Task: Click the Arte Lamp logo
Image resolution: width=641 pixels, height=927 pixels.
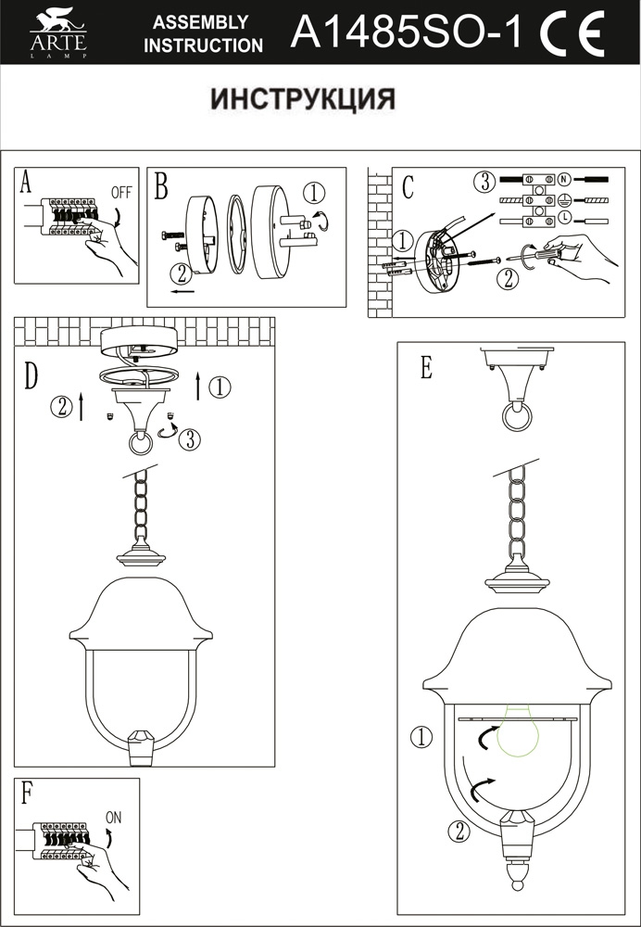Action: tap(57, 34)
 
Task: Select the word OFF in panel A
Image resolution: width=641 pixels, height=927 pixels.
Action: tap(121, 193)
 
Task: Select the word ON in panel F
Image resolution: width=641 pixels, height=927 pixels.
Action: tap(114, 818)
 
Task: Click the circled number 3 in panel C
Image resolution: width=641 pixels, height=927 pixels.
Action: tap(481, 181)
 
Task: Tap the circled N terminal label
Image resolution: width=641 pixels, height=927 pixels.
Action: tap(562, 177)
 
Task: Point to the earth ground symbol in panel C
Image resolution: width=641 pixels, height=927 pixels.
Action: tap(562, 198)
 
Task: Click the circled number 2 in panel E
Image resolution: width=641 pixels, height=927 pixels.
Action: tap(456, 831)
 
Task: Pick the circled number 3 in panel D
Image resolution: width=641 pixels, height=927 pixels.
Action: tap(188, 439)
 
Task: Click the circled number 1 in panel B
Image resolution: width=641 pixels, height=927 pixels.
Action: tap(314, 193)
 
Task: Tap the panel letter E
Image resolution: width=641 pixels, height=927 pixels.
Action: tap(425, 368)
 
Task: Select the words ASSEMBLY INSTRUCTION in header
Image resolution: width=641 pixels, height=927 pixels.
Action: tap(202, 34)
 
